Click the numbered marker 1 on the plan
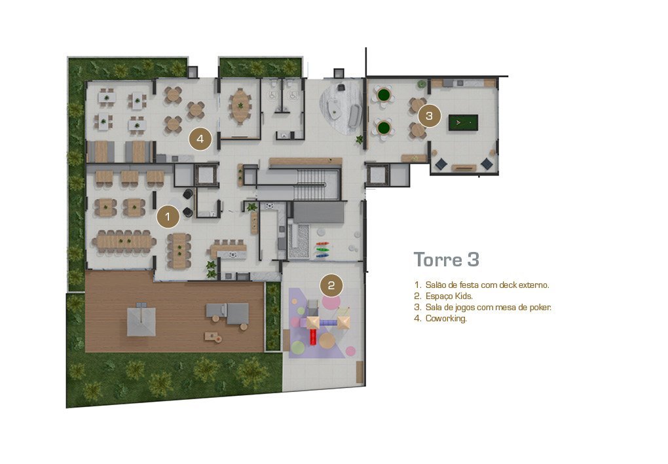click(168, 217)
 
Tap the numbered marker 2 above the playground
click(331, 285)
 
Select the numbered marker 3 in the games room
click(429, 115)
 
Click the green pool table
click(462, 123)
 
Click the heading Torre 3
click(447, 259)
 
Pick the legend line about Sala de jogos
click(482, 307)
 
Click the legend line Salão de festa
click(481, 285)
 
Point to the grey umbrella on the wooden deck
click(141, 319)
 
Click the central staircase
click(312, 184)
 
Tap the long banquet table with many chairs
click(124, 242)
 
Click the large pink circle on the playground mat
click(331, 302)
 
